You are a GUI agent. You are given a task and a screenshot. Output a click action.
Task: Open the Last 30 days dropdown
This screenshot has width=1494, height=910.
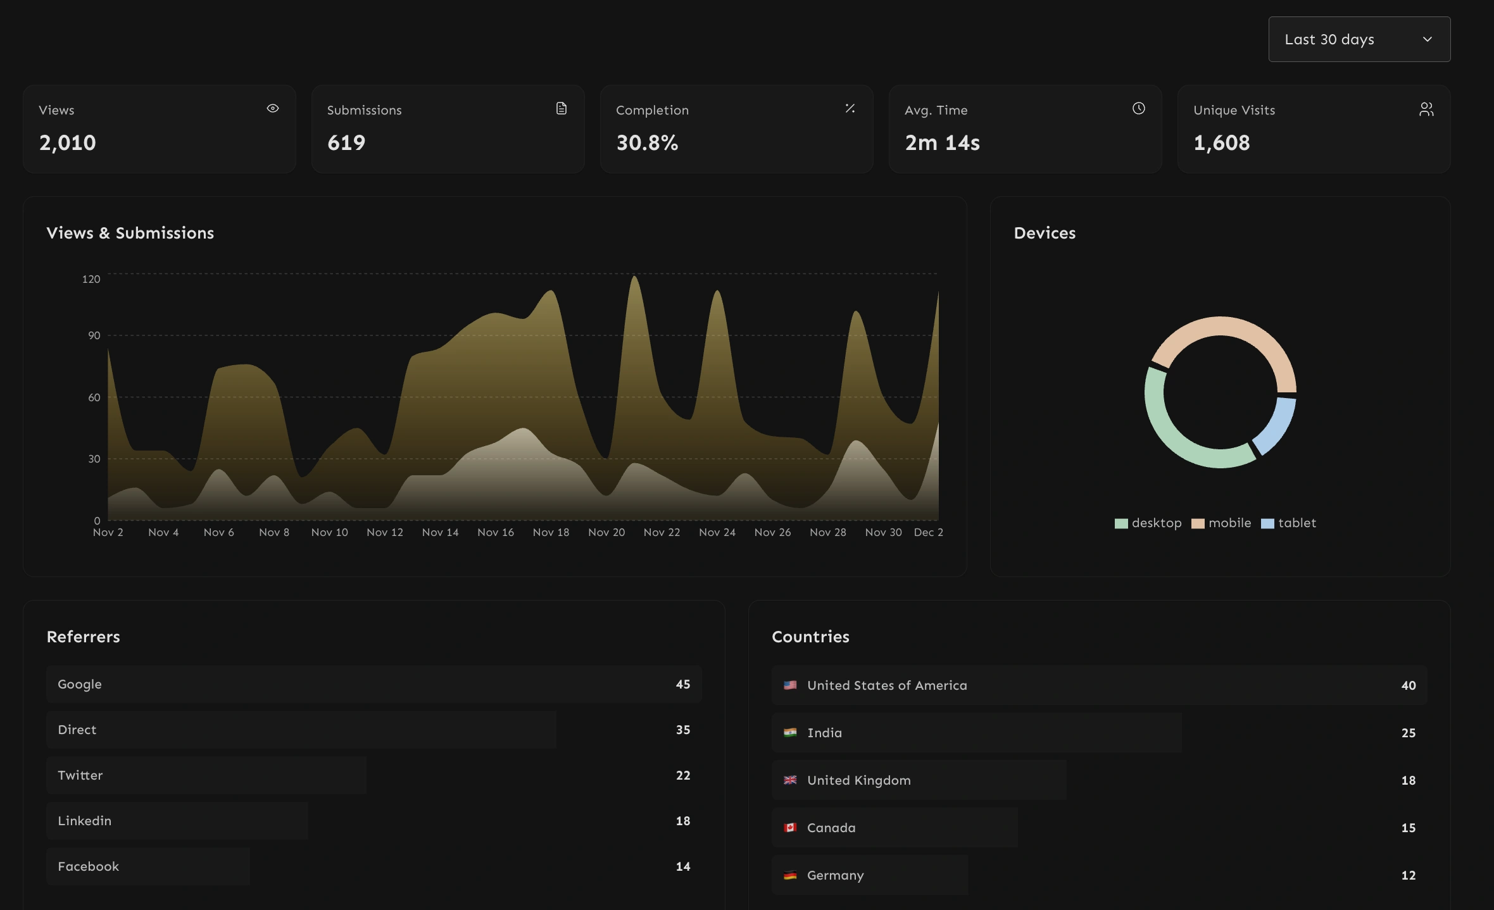point(1359,39)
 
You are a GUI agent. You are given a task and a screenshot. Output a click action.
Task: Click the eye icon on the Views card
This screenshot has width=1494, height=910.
point(273,108)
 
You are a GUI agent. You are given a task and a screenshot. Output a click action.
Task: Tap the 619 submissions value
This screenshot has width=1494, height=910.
point(346,142)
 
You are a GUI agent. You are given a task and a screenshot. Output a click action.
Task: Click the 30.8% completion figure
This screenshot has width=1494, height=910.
point(647,142)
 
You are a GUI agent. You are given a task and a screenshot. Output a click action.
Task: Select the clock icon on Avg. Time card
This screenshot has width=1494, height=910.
point(1138,108)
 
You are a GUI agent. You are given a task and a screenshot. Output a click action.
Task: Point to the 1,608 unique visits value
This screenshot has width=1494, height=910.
point(1221,142)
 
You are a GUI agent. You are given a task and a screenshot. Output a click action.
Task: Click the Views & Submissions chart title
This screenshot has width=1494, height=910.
point(130,233)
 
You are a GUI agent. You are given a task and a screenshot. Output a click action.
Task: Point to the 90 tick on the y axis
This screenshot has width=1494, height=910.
point(94,335)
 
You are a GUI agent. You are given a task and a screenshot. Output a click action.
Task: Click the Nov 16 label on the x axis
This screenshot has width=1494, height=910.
point(496,532)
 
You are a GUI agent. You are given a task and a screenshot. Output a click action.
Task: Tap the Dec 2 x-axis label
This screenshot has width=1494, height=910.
point(928,532)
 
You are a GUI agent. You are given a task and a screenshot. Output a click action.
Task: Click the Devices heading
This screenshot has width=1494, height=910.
point(1045,233)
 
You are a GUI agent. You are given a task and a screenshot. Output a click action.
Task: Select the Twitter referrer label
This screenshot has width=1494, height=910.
point(80,775)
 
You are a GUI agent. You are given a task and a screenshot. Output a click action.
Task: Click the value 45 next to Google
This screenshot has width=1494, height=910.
point(682,684)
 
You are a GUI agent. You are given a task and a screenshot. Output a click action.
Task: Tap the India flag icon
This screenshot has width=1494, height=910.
point(790,733)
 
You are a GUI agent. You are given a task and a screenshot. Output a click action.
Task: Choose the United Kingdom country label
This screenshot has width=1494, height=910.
point(858,780)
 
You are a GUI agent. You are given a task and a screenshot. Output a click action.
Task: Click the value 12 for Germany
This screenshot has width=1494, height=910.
point(1408,875)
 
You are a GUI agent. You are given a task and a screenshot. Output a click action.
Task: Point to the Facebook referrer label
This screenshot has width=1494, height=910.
point(89,866)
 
